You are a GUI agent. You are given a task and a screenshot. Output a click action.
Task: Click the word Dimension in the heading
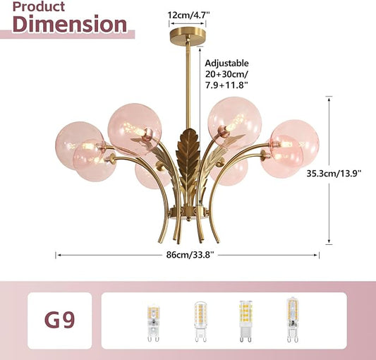tap(70, 24)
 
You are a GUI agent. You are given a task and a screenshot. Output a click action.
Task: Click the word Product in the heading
tap(39, 6)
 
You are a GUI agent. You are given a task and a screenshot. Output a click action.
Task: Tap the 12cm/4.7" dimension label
tap(188, 15)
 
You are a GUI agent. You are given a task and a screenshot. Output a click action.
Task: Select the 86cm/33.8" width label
tap(190, 254)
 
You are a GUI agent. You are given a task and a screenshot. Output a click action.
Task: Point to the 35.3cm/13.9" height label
tap(334, 173)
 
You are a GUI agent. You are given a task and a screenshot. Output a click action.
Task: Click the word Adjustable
tap(226, 63)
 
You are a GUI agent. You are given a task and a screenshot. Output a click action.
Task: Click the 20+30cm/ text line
tap(226, 74)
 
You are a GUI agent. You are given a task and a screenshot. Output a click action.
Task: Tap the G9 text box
tap(60, 320)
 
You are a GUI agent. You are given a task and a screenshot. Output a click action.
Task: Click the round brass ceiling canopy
tap(188, 35)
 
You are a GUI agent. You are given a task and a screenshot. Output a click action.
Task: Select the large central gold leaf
tap(188, 158)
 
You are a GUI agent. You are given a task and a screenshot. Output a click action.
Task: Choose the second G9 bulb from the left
tap(200, 322)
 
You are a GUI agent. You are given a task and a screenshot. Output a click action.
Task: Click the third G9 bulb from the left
tap(245, 321)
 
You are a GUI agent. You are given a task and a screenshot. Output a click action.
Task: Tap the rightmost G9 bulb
tap(293, 320)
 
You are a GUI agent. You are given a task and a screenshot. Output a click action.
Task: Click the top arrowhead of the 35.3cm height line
tap(329, 98)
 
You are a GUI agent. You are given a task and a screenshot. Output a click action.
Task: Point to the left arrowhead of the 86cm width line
tap(58, 255)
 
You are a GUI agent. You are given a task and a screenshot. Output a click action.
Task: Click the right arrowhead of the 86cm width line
tap(317, 255)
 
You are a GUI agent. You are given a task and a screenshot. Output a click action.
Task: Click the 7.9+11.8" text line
tap(226, 85)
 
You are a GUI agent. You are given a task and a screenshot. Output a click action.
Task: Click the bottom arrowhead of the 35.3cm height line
tap(329, 242)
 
